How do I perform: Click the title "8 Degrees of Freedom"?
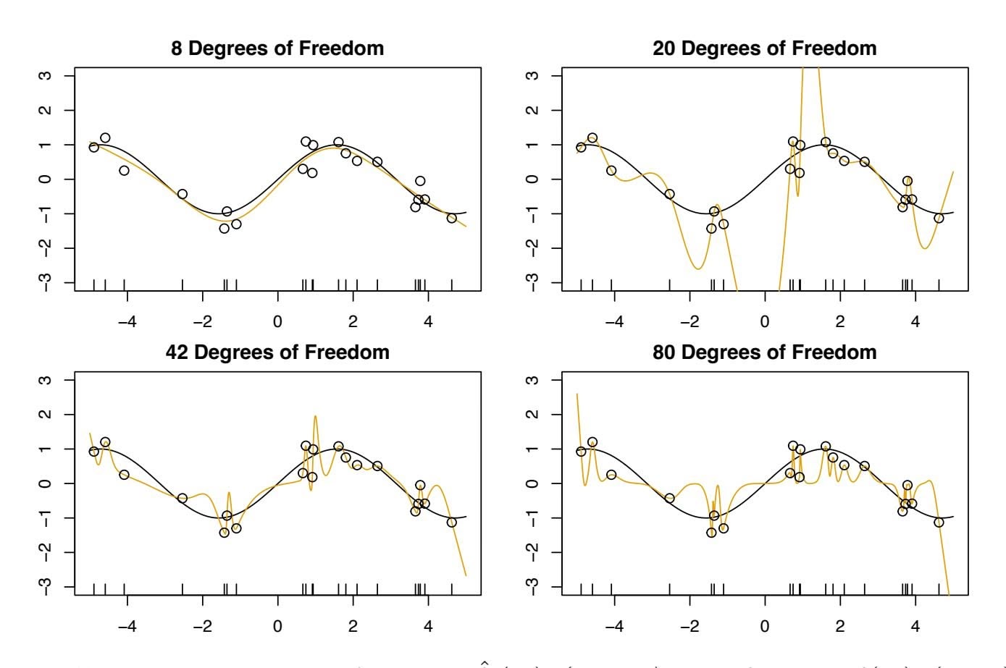[x=277, y=48]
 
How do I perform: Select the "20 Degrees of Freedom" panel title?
[x=764, y=48]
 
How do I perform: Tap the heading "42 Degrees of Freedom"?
[x=277, y=352]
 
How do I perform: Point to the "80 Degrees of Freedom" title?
[x=764, y=352]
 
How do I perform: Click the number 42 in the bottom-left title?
[x=178, y=352]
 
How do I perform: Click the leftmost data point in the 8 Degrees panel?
[x=93, y=147]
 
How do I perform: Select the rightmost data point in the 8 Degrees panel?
[x=452, y=218]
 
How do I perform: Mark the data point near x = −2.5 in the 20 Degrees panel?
[x=669, y=194]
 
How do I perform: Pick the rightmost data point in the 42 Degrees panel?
[x=452, y=522]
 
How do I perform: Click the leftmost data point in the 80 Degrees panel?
[x=580, y=451]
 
